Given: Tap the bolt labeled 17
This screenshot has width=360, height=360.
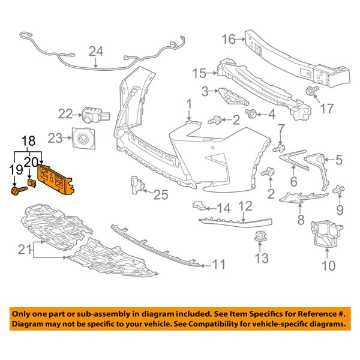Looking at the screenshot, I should tap(311, 92).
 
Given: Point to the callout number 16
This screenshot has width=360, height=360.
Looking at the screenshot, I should tap(228, 40).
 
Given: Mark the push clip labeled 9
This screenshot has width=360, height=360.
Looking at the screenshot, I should tap(338, 191).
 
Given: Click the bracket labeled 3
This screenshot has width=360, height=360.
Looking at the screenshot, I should tap(230, 95).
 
